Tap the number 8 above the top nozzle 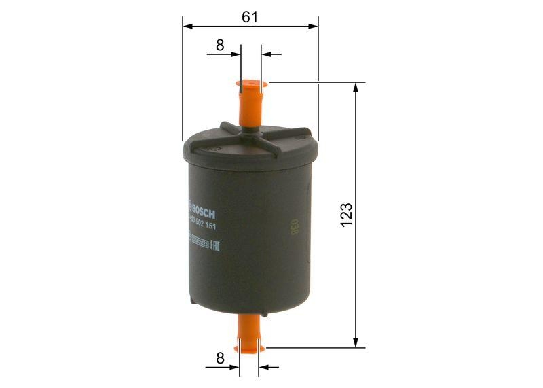pyautogui.click(x=220, y=46)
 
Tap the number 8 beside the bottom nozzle pyautogui.click(x=220, y=358)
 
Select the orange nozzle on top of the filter pyautogui.click(x=250, y=103)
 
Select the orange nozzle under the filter pyautogui.click(x=249, y=340)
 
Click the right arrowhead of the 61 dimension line pyautogui.click(x=313, y=27)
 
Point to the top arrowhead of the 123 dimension pyautogui.click(x=355, y=88)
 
